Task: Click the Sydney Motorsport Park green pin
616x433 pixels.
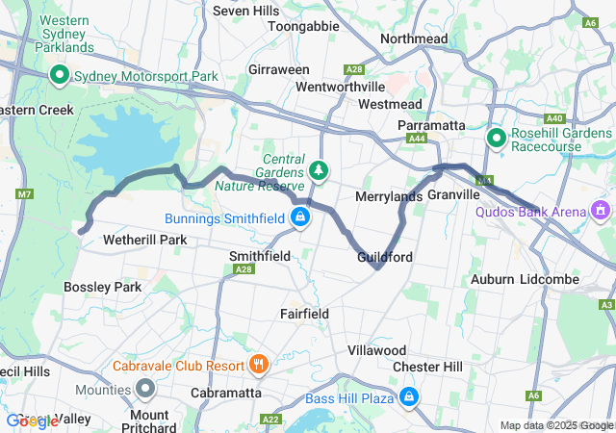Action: coord(59,74)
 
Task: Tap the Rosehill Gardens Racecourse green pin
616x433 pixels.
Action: coord(497,139)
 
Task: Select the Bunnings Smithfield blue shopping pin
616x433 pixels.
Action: coord(301,217)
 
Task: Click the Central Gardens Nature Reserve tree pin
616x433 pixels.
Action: coord(319,170)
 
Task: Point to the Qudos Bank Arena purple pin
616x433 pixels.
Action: coord(602,208)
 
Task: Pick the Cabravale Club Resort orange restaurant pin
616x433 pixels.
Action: coord(258,365)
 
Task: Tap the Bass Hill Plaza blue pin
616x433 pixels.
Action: coord(409,395)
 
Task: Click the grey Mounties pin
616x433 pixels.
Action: coord(145,389)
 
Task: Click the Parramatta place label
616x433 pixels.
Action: coord(432,126)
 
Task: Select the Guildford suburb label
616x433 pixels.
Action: coord(385,258)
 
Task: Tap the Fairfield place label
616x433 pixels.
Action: coord(304,314)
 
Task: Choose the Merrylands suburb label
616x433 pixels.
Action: coord(389,196)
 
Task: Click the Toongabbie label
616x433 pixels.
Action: coord(303,27)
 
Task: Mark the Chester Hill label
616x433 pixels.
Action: coord(427,367)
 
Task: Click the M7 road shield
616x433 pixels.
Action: coord(23,195)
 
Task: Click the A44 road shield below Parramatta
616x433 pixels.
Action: coord(417,140)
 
